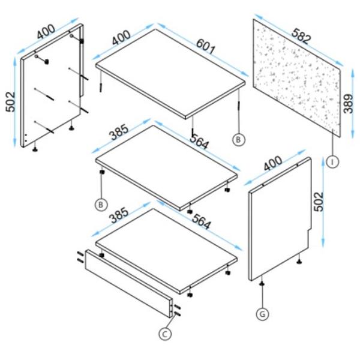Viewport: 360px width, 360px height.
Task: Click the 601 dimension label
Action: click(x=206, y=47)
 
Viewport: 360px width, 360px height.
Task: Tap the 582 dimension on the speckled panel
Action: click(x=301, y=35)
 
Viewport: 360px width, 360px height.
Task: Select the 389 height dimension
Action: click(x=348, y=104)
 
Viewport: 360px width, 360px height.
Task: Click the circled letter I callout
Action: click(x=332, y=162)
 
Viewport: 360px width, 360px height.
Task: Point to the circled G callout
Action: click(x=262, y=314)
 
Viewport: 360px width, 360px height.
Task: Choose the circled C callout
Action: click(x=165, y=334)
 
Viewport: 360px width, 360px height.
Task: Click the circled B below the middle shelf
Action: click(x=101, y=205)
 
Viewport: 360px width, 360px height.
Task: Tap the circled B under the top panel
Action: click(x=239, y=139)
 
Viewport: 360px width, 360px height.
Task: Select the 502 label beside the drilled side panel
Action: click(x=10, y=102)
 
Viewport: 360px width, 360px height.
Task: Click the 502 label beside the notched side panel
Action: click(x=319, y=202)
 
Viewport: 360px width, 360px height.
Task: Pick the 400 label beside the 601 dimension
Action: click(x=121, y=37)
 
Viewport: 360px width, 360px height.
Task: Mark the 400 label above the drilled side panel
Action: click(x=46, y=31)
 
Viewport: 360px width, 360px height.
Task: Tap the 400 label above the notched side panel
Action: click(x=272, y=163)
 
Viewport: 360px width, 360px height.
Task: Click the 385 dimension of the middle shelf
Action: click(x=119, y=132)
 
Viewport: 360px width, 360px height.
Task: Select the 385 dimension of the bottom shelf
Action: click(x=119, y=215)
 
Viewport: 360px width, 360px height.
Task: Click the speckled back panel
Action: click(x=297, y=78)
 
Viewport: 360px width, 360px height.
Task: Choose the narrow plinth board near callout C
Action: click(x=128, y=283)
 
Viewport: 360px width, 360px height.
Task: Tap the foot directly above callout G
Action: click(x=262, y=284)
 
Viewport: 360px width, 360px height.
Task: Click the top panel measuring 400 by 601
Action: click(x=170, y=74)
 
